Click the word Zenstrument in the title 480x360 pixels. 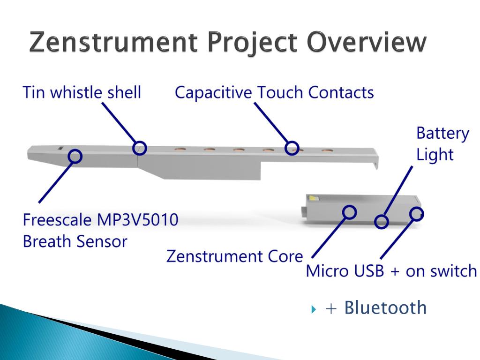click(113, 42)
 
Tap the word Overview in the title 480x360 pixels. click(367, 42)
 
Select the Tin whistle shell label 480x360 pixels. click(82, 92)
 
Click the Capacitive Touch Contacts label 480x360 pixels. click(274, 92)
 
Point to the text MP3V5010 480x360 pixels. click(137, 219)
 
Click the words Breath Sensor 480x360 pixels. click(75, 241)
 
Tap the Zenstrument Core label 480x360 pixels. click(234, 256)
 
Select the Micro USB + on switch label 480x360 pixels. click(391, 271)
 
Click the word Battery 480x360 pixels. click(442, 134)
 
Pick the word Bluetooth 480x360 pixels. click(385, 307)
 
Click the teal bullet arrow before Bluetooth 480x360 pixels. click(313, 309)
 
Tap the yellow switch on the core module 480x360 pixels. click(314, 198)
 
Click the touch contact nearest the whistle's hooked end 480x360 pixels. click(327, 150)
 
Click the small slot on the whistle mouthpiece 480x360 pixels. click(60, 149)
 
